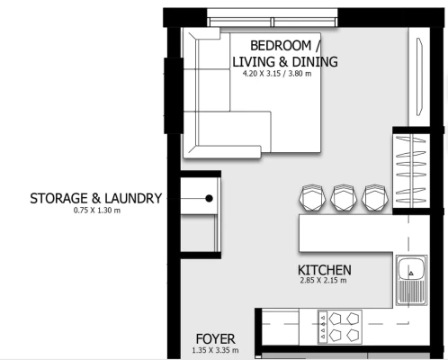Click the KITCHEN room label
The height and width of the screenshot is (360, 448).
pyautogui.click(x=325, y=270)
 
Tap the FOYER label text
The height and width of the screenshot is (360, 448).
pyautogui.click(x=216, y=339)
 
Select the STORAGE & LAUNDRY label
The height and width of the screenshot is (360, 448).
pyautogui.click(x=96, y=199)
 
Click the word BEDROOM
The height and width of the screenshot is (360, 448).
pyautogui.click(x=281, y=46)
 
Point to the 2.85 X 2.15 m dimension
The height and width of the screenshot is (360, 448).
pyautogui.click(x=323, y=281)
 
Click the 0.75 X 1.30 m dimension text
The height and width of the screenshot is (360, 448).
pyautogui.click(x=97, y=211)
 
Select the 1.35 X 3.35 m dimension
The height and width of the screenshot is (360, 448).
pyautogui.click(x=215, y=350)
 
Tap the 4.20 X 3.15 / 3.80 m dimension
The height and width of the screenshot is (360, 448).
pyautogui.click(x=277, y=74)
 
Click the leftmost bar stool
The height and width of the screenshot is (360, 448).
pyautogui.click(x=312, y=197)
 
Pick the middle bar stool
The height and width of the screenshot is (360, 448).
pyautogui.click(x=344, y=197)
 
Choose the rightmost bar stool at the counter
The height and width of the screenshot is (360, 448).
pyautogui.click(x=375, y=197)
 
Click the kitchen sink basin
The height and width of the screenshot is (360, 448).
pyautogui.click(x=411, y=268)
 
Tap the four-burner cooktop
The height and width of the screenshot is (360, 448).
pyautogui.click(x=340, y=327)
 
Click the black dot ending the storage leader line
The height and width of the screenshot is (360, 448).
pyautogui.click(x=210, y=198)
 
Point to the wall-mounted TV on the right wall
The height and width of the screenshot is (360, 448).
pyautogui.click(x=419, y=76)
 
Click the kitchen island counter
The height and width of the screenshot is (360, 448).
pyautogui.click(x=345, y=233)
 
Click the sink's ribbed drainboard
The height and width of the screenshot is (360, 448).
pyautogui.click(x=411, y=292)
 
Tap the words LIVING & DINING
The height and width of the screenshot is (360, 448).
pyautogui.click(x=285, y=62)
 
